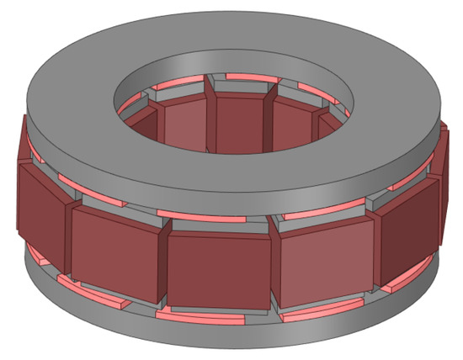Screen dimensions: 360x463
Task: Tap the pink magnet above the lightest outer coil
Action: point(316,214)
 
